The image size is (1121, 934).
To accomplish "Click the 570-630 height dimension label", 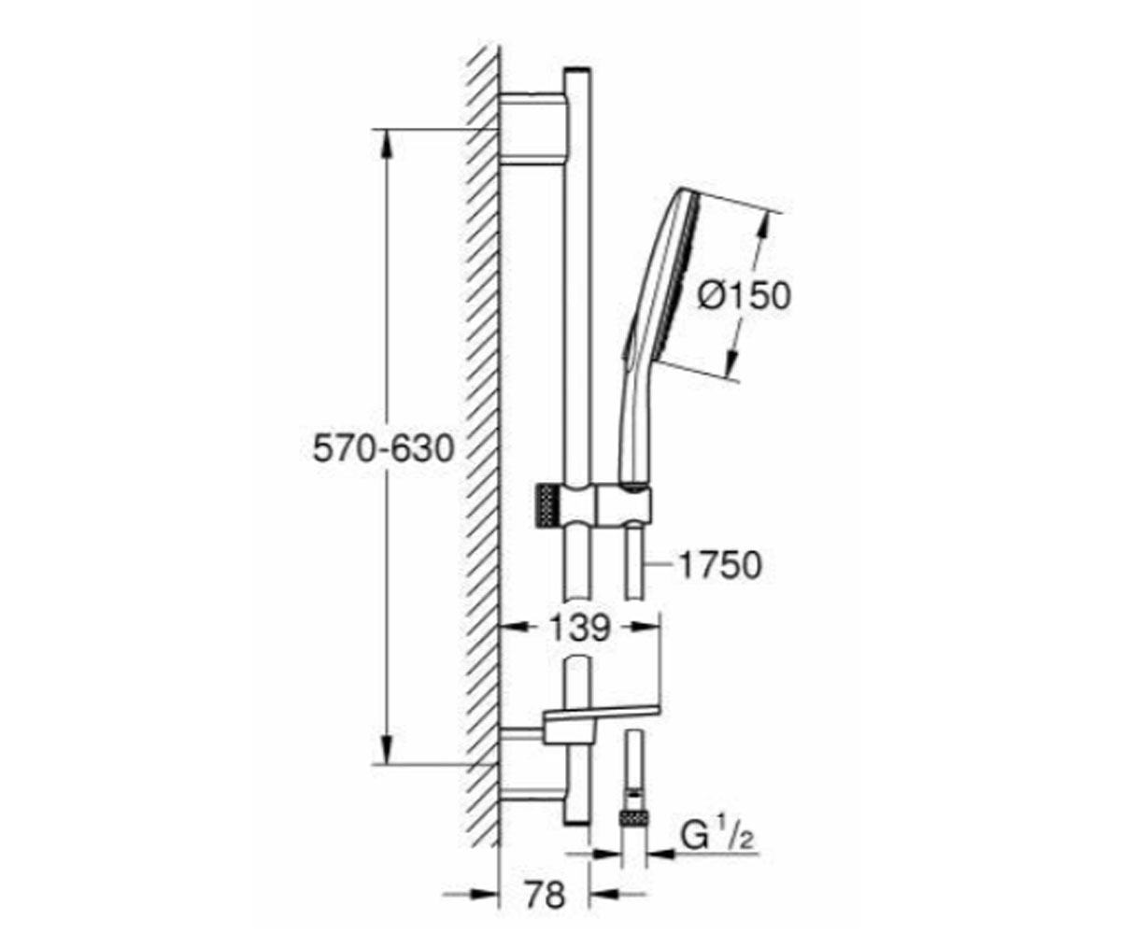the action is (x=383, y=448).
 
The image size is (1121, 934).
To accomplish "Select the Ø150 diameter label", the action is (x=745, y=295).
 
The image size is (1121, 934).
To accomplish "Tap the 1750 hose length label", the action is (x=720, y=565).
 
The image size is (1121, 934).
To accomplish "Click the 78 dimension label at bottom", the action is (x=545, y=894).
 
